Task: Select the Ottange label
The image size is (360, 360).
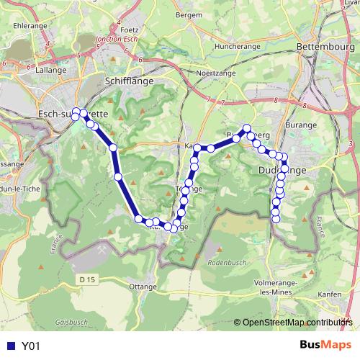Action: tap(142, 286)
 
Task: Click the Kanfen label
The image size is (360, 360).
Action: tap(328, 294)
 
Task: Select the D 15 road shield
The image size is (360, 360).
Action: tap(88, 279)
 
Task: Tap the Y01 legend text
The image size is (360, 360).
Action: tap(30, 346)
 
